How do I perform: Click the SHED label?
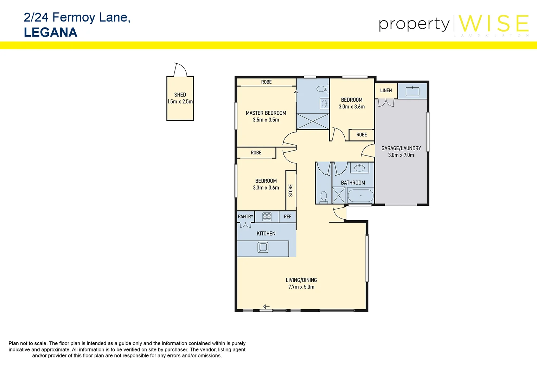coord(180,95)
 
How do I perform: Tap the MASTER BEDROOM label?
coord(266,113)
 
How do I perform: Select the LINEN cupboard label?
coord(386,90)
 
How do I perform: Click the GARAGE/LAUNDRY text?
coord(401,148)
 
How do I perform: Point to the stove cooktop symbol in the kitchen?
coord(267,217)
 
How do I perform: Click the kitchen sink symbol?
coord(263,247)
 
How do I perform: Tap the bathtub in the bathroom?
coord(360,196)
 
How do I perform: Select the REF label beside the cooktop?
coord(288,217)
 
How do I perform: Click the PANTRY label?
coord(245,217)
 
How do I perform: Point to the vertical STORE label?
coord(290,190)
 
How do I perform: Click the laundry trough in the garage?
coord(412,91)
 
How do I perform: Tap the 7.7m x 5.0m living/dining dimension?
coord(301,287)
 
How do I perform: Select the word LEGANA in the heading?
coord(51,32)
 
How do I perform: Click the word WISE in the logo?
coord(493,24)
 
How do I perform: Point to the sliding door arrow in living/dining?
coord(266,307)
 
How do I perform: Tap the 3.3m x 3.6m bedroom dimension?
coord(266,188)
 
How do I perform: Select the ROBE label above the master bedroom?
coord(266,82)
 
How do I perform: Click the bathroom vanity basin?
coord(359,168)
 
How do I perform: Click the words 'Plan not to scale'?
coord(28,343)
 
